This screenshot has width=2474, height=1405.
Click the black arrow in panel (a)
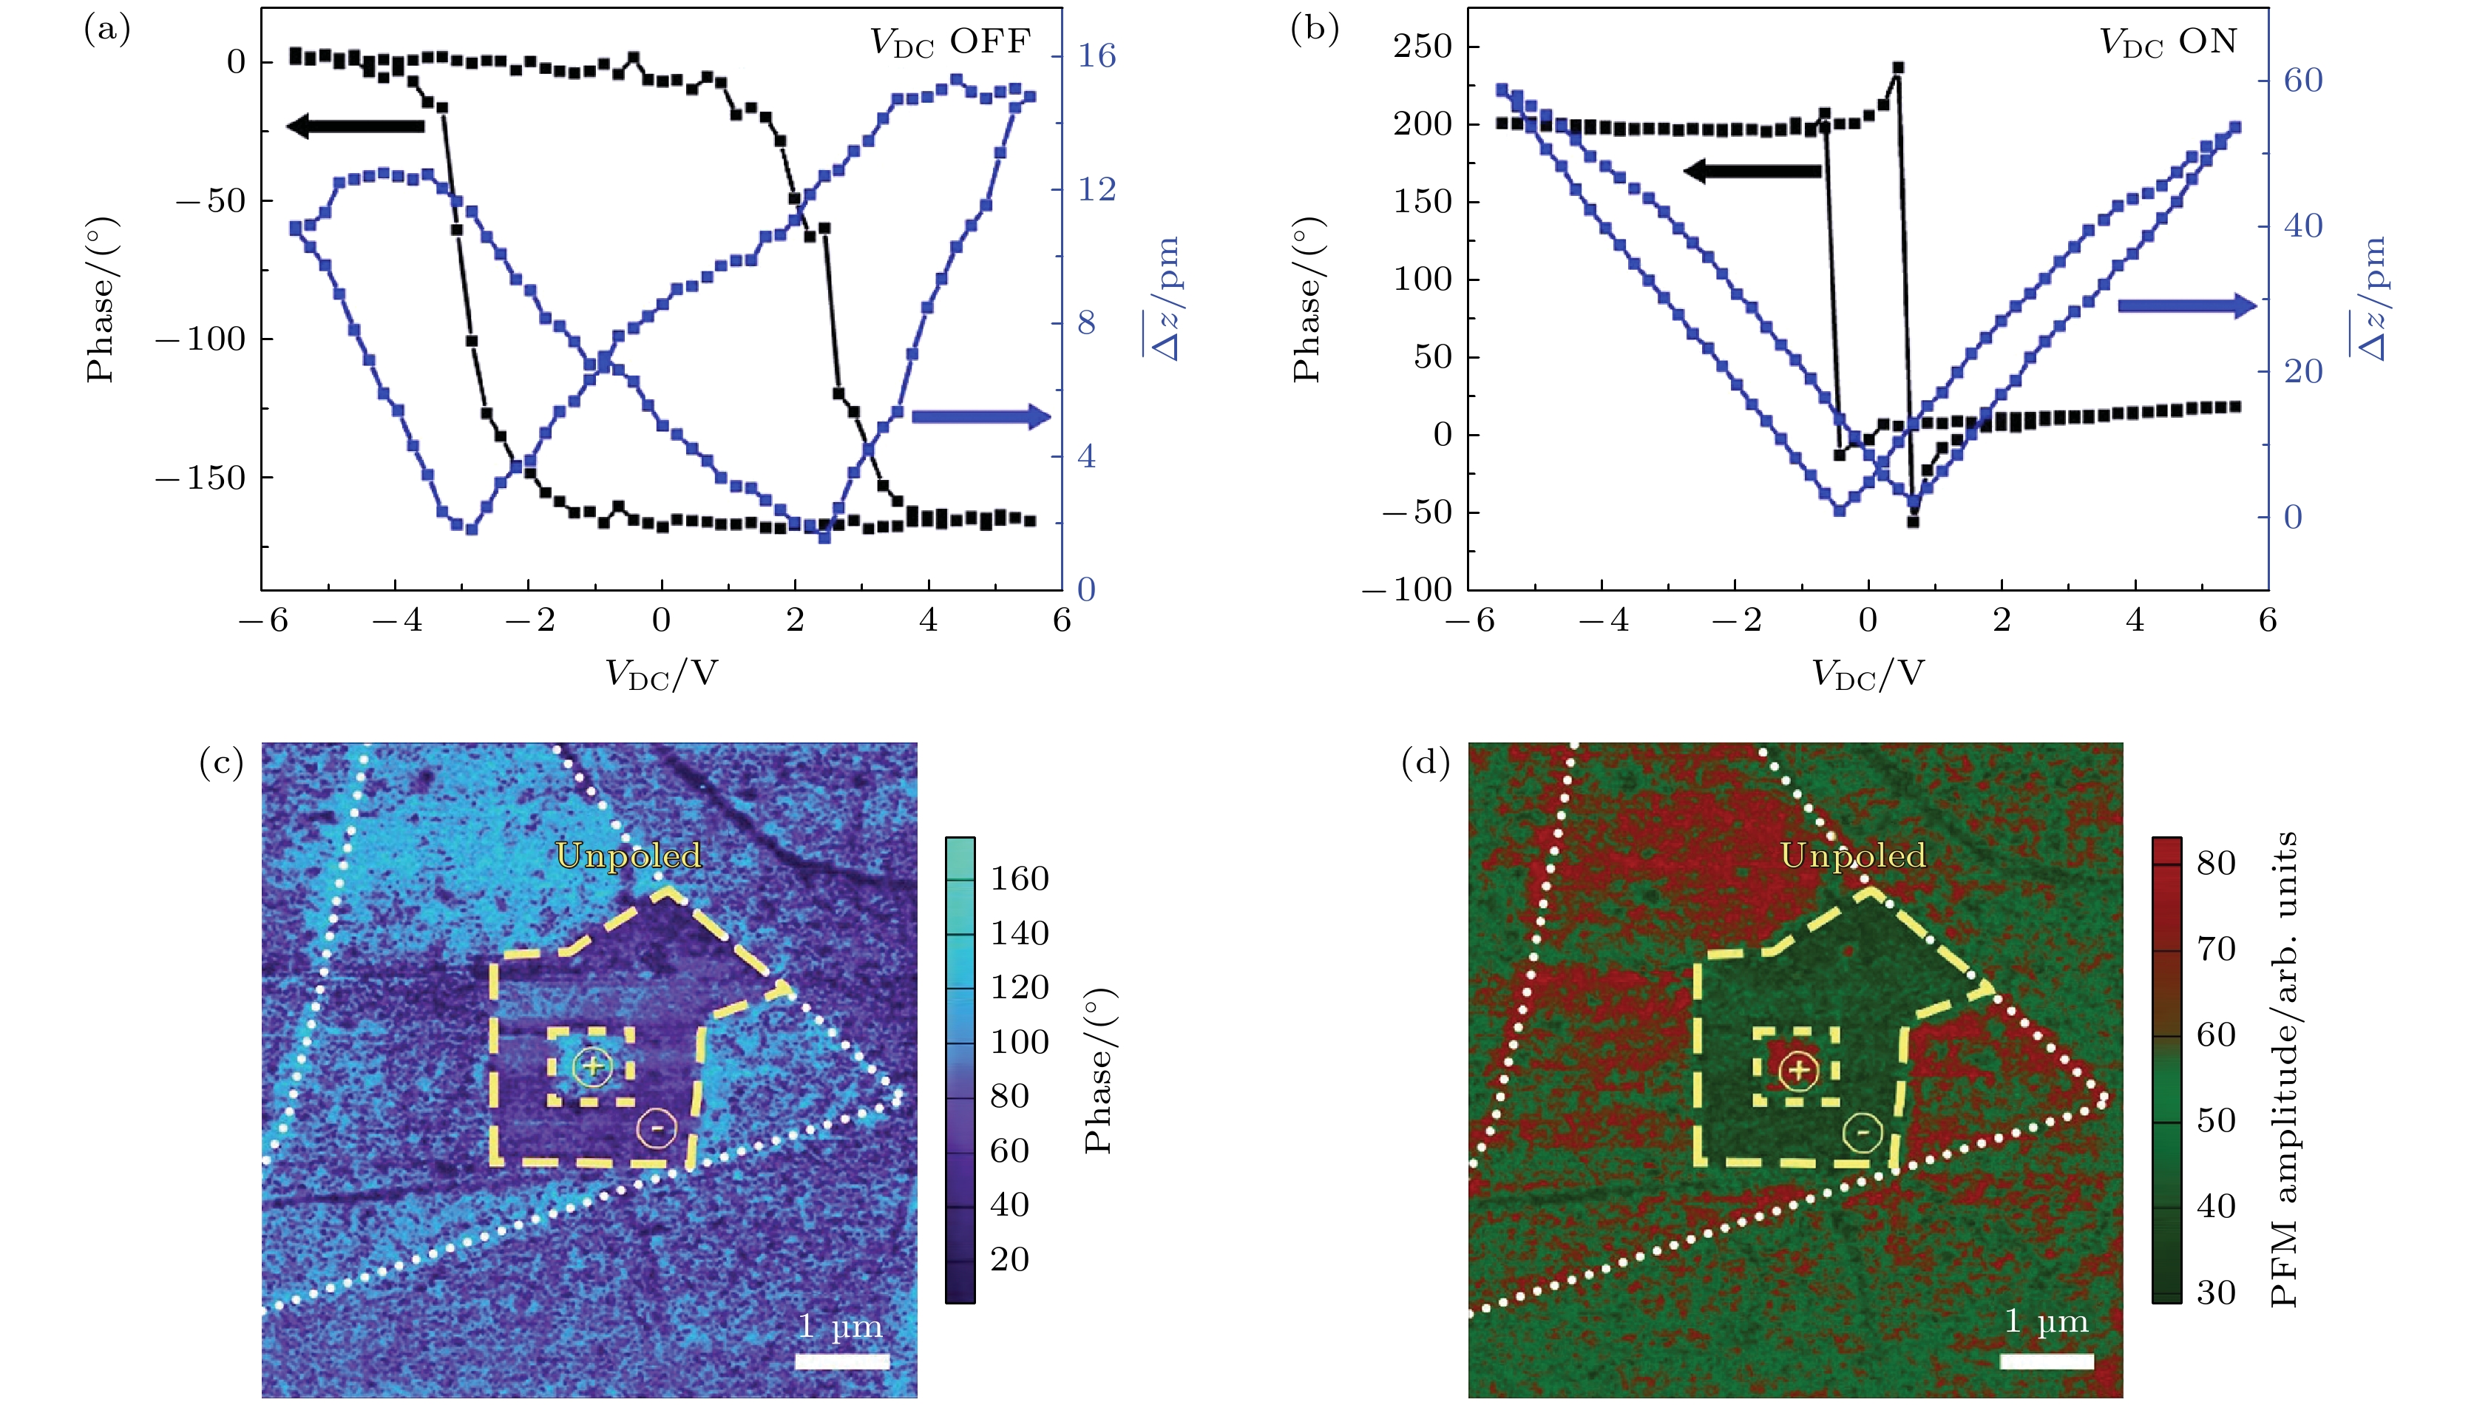(x=355, y=126)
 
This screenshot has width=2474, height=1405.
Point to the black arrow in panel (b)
(x=1752, y=172)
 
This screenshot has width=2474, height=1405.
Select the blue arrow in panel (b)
(x=2186, y=306)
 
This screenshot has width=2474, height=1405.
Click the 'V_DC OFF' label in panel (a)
(x=950, y=41)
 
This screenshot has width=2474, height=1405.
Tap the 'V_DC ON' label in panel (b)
(x=2167, y=41)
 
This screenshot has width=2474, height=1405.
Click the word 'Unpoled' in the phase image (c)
(x=628, y=856)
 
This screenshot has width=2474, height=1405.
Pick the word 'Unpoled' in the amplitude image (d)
(x=1853, y=856)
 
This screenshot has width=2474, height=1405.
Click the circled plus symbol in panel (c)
(x=592, y=1066)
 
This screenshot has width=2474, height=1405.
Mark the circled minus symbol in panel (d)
(x=1863, y=1132)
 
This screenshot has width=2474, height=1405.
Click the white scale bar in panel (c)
(x=842, y=1361)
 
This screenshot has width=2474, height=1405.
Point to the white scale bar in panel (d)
(x=2047, y=1361)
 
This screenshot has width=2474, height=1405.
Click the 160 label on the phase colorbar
(x=1020, y=878)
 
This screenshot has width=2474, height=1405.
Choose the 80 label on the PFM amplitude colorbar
(x=2215, y=863)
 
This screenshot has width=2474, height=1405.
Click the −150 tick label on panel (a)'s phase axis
(x=200, y=478)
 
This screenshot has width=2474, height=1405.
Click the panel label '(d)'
(x=1425, y=763)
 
